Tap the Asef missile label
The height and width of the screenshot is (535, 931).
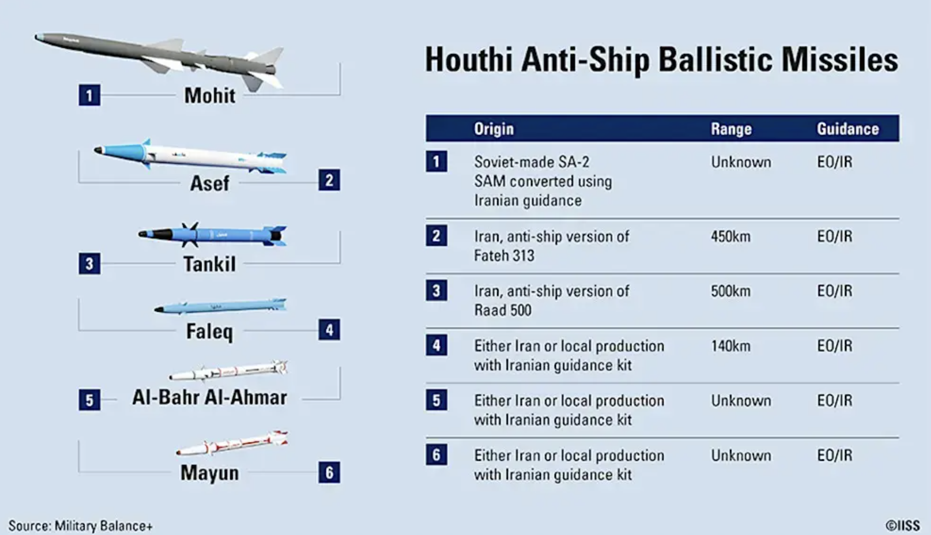point(209,183)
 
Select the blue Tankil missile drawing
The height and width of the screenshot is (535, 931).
point(213,235)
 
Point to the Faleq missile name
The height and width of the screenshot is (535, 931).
point(209,331)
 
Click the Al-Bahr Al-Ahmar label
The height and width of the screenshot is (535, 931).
point(209,397)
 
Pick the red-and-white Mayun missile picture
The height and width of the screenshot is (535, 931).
point(232,443)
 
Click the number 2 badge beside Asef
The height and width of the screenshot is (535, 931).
point(329,180)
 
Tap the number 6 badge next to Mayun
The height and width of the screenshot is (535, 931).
point(329,472)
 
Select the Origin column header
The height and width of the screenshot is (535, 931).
point(494,129)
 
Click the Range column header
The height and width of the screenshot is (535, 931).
point(731,129)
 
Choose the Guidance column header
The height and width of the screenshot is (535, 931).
point(848,129)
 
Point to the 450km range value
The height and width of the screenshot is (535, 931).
point(731,236)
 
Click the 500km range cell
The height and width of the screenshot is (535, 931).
point(731,291)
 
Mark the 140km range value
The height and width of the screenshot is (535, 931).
point(731,346)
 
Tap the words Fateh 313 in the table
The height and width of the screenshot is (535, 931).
point(504,255)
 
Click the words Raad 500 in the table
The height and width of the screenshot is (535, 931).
point(503,310)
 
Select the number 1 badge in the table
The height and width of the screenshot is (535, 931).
point(437,162)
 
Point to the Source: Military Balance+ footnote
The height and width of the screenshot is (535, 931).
point(80,526)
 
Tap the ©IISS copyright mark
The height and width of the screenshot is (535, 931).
point(902,526)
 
